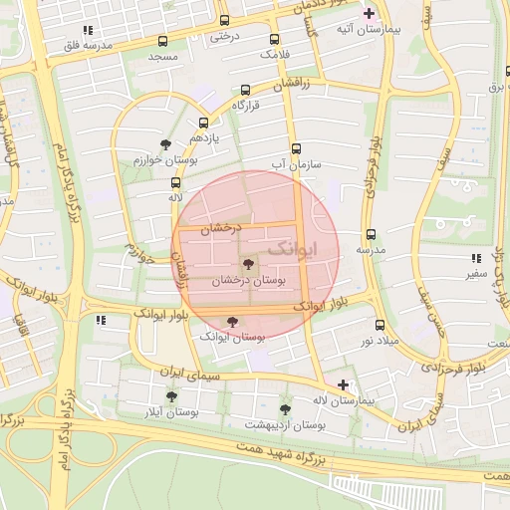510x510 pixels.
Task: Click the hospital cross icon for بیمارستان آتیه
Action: pyautogui.click(x=370, y=13)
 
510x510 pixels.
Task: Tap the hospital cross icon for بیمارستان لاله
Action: pyautogui.click(x=343, y=383)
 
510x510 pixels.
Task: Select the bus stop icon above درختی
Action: pyautogui.click(x=223, y=20)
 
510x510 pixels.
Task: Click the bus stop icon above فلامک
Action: pyautogui.click(x=274, y=40)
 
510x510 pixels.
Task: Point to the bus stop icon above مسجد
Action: pyautogui.click(x=162, y=41)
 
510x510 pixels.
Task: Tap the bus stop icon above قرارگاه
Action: pyautogui.click(x=246, y=89)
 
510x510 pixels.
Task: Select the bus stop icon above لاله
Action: pyautogui.click(x=175, y=182)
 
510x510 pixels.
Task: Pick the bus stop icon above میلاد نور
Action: pyautogui.click(x=379, y=325)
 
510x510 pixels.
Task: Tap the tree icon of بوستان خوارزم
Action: pyautogui.click(x=165, y=143)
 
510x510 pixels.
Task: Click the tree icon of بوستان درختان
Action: pyautogui.click(x=247, y=264)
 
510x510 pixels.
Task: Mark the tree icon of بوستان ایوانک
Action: pyautogui.click(x=232, y=322)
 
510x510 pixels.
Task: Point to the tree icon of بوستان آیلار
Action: pyautogui.click(x=171, y=395)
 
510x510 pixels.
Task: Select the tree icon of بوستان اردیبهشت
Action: pyautogui.click(x=285, y=408)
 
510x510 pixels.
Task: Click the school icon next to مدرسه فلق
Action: pyautogui.click(x=88, y=30)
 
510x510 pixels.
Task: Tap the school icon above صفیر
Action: pyautogui.click(x=474, y=256)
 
